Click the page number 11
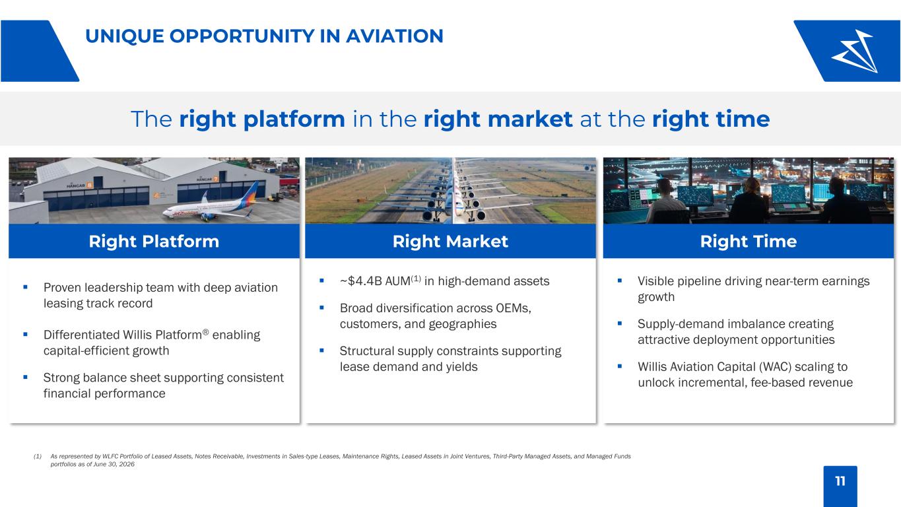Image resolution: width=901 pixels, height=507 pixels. tap(840, 481)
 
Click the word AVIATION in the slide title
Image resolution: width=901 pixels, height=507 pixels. tap(395, 36)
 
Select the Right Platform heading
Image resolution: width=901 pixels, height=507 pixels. tap(154, 242)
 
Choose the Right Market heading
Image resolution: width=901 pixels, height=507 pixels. tap(450, 242)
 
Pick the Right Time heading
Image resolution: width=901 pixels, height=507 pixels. tap(749, 242)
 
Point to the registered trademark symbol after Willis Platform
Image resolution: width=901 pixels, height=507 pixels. tap(205, 332)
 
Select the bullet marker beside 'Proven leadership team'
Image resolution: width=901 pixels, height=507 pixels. tap(25, 287)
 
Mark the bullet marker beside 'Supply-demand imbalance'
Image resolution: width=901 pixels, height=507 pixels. tap(619, 323)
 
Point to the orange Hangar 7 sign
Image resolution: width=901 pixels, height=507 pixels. tap(216, 179)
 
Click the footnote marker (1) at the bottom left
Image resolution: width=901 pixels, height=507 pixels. tap(38, 456)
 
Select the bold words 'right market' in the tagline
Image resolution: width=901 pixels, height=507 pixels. tap(498, 119)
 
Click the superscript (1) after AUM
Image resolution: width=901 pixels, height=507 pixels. tap(416, 278)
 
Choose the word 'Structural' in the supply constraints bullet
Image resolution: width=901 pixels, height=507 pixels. tap(367, 351)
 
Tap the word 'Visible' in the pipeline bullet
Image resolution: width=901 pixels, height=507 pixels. tap(654, 281)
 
